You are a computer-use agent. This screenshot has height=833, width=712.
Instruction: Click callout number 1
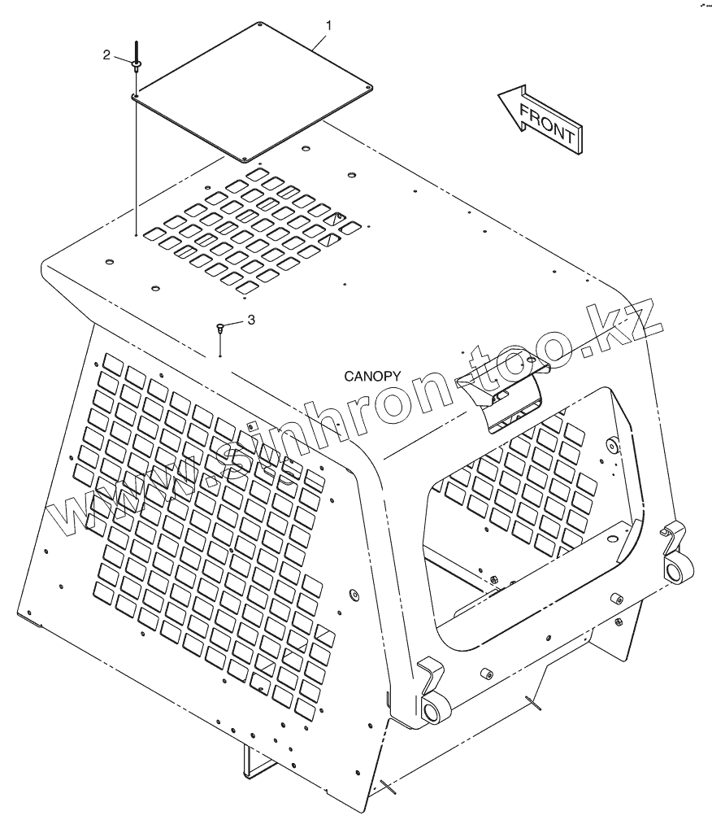click(x=328, y=26)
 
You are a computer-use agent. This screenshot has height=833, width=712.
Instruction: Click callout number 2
click(x=106, y=55)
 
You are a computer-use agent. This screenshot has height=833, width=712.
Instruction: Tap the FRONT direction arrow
click(x=540, y=119)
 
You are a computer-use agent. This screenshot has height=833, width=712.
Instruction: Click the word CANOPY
click(x=372, y=376)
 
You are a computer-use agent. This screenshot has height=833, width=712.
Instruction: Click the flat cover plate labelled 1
click(x=252, y=89)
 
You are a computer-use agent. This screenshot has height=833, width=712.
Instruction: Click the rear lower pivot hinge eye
click(x=675, y=569)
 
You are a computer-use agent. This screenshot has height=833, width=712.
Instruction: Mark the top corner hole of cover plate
click(x=258, y=24)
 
